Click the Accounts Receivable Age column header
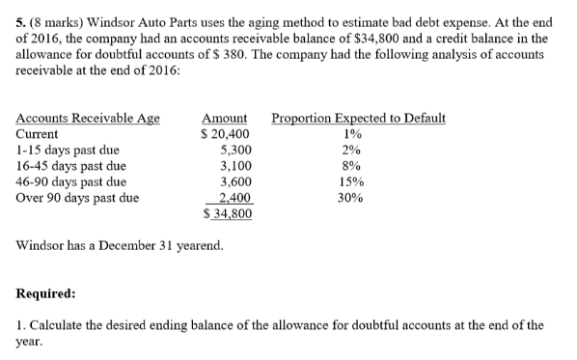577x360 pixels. click(89, 119)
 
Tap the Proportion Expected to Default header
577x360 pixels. click(359, 119)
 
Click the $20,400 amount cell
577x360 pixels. click(225, 134)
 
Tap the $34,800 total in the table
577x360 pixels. click(228, 211)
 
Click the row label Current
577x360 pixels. click(38, 134)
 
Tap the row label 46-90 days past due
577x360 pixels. click(71, 180)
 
